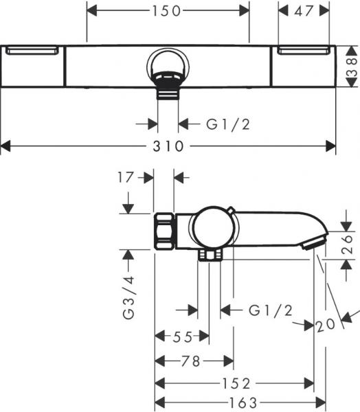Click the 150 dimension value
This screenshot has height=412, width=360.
(168, 11)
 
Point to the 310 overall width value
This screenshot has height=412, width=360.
(168, 146)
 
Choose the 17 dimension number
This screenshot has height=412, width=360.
(124, 177)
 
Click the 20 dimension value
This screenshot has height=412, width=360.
(326, 324)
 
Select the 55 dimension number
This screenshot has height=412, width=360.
(183, 336)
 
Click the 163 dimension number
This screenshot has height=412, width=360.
(237, 402)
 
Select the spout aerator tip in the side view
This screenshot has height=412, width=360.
(314, 242)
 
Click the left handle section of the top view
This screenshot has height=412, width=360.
(34, 67)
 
